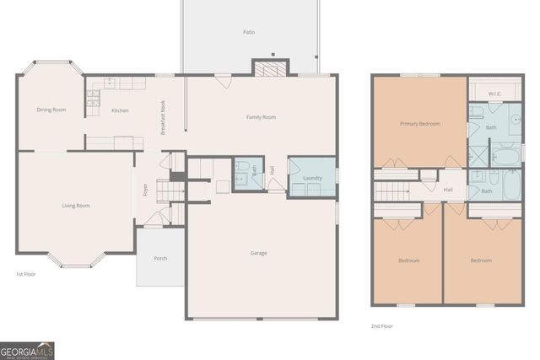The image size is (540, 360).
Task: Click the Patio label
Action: [x=249, y=32]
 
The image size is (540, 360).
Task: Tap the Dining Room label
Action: [x=51, y=110]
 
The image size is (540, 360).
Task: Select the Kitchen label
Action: [x=120, y=110]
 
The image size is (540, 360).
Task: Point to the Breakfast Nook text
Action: [x=163, y=118]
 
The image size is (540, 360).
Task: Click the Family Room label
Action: [x=261, y=117]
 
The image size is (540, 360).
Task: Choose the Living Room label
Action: [x=75, y=205]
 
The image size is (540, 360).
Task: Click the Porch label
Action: [x=160, y=260]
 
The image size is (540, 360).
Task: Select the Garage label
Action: [x=259, y=253]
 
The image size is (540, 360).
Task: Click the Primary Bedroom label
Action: [x=419, y=124]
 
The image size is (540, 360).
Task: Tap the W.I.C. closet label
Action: [x=494, y=93]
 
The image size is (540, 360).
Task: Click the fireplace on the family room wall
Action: [x=270, y=69]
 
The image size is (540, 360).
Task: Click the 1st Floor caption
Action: [x=25, y=275]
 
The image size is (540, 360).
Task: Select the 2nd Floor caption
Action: [x=382, y=325]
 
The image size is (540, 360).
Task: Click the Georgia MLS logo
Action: [x=27, y=349]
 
